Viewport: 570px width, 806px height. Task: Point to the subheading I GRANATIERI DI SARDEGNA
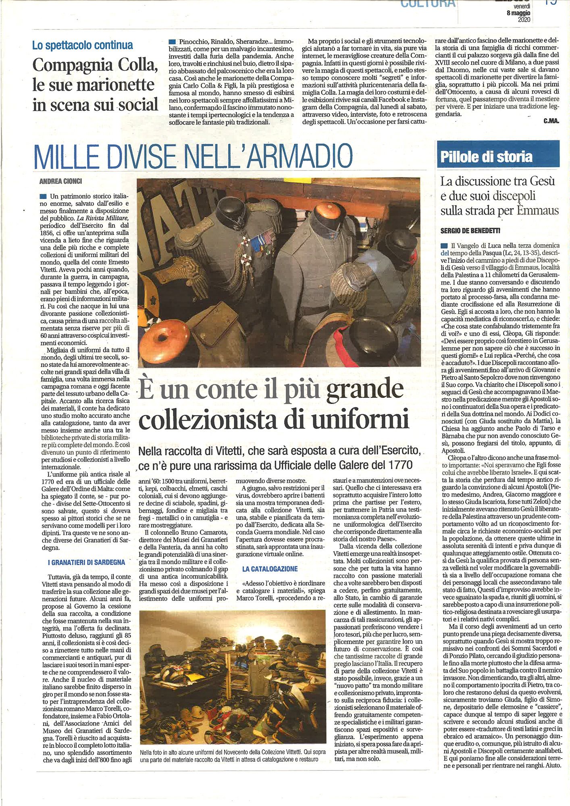click(x=86, y=562)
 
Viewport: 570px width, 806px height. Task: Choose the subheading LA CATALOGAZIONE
click(x=270, y=569)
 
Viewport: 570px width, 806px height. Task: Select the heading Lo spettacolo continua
click(x=83, y=46)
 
